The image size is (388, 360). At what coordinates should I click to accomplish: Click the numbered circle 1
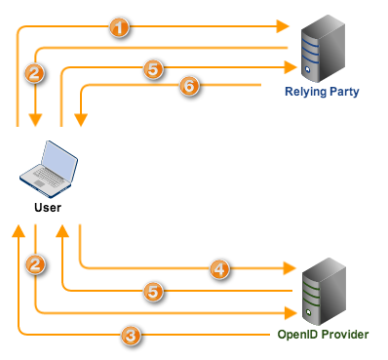pos(119,27)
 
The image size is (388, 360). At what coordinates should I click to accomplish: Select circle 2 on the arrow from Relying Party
pos(36,71)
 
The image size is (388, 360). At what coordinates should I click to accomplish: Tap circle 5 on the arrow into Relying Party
pos(151,68)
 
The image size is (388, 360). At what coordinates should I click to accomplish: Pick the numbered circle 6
pos(189,87)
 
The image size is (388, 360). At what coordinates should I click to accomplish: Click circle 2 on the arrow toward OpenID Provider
pos(36,264)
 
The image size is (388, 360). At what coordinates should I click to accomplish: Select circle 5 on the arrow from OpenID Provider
pos(151,290)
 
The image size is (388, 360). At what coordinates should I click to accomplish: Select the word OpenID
pos(297,335)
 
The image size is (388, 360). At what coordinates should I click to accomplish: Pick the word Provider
pos(345,335)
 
